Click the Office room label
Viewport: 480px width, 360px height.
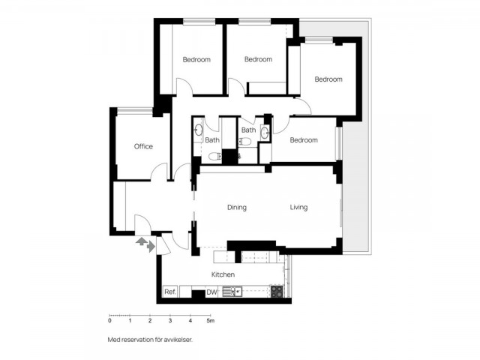click(143, 146)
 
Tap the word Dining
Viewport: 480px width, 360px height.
click(237, 208)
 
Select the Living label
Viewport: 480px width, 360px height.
click(298, 208)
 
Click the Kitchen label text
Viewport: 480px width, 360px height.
click(223, 275)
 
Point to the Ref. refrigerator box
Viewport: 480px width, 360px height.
click(170, 292)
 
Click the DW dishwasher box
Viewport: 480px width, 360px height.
click(211, 292)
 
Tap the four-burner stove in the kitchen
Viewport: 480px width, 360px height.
click(277, 291)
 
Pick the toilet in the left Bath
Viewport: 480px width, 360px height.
click(214, 156)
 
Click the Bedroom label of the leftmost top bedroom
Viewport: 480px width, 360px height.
click(196, 59)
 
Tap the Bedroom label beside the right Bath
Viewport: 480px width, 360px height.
click(304, 140)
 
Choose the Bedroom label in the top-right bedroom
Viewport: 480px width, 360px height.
click(328, 79)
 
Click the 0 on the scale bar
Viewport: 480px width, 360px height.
click(109, 321)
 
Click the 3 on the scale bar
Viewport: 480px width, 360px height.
click(170, 321)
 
